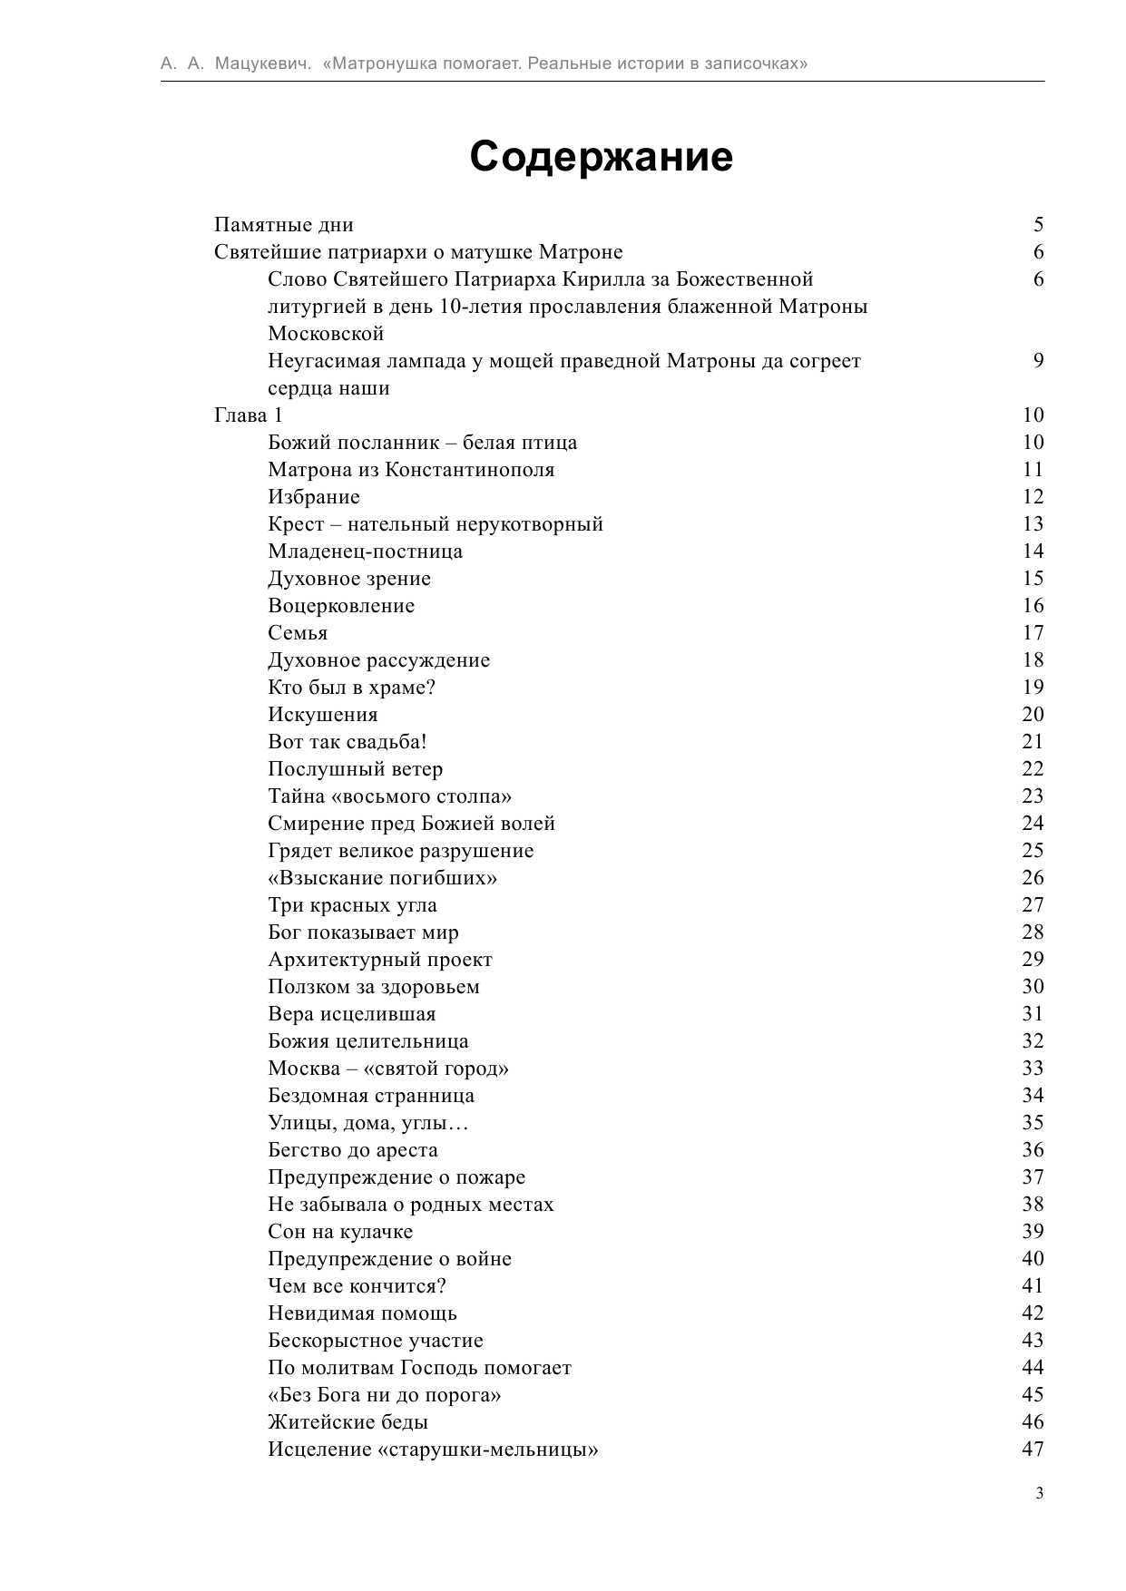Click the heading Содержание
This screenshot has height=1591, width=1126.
point(601,157)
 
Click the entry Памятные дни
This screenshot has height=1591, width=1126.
point(284,225)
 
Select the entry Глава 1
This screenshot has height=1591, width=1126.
point(249,415)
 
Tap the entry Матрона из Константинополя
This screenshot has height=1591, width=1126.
point(411,470)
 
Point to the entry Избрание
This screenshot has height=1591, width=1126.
point(314,497)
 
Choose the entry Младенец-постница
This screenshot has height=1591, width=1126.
point(365,551)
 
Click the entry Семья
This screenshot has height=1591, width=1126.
point(298,633)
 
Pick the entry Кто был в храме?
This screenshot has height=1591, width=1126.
point(352,688)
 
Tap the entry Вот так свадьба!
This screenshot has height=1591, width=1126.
point(347,742)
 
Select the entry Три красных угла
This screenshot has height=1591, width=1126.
point(352,905)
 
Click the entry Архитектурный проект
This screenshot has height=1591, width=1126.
point(380,960)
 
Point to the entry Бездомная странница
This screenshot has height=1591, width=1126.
point(371,1096)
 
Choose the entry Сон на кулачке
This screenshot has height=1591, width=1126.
point(340,1232)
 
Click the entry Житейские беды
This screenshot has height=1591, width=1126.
point(348,1422)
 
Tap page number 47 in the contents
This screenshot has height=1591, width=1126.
point(1033,1449)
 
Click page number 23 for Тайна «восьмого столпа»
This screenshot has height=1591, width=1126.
point(1033,795)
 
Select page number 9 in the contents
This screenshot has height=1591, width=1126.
point(1038,360)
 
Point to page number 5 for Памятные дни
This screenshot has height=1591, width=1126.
point(1038,224)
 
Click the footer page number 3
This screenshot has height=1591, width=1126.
point(1039,1494)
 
